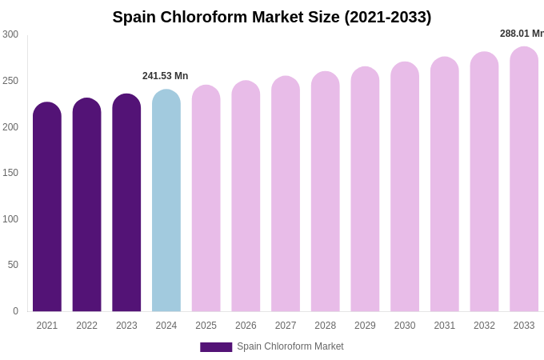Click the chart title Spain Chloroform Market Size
pyautogui.click(x=271, y=17)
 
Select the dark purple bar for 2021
pyautogui.click(x=47, y=208)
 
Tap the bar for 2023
pyautogui.click(x=126, y=204)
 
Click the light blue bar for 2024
pyautogui.click(x=166, y=202)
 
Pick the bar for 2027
pyautogui.click(x=286, y=195)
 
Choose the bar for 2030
pyautogui.click(x=405, y=188)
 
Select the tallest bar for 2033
pyautogui.click(x=524, y=180)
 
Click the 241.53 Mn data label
pyautogui.click(x=165, y=76)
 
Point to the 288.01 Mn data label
pyautogui.click(x=522, y=34)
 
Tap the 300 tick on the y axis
pyautogui.click(x=10, y=34)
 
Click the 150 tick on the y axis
pyautogui.click(x=10, y=173)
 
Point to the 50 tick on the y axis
pyautogui.click(x=13, y=265)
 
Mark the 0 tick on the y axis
pyautogui.click(x=15, y=311)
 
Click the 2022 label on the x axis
pyautogui.click(x=86, y=326)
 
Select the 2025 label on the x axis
pyautogui.click(x=206, y=326)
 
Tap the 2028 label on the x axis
pyautogui.click(x=326, y=326)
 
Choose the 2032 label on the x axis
pyautogui.click(x=484, y=326)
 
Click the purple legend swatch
pyautogui.click(x=216, y=347)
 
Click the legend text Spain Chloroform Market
pyautogui.click(x=290, y=346)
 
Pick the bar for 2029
pyautogui.click(x=365, y=190)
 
